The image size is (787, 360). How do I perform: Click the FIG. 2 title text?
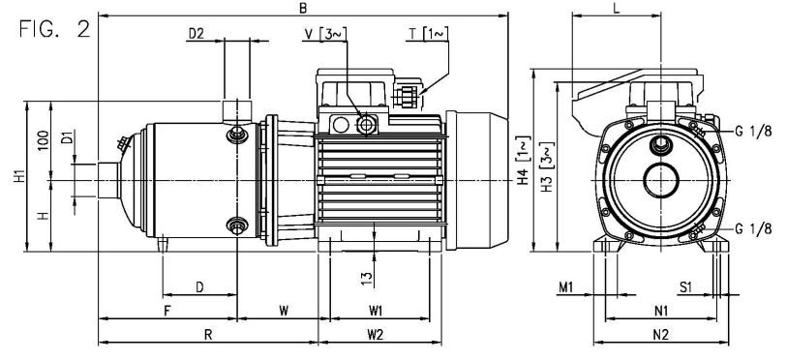tap(55, 29)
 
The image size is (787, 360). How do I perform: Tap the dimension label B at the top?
tap(303, 8)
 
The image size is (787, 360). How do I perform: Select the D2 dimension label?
tap(197, 34)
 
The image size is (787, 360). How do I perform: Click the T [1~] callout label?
tap(428, 34)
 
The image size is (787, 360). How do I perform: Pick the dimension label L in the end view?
tap(617, 8)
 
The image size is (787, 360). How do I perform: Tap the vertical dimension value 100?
tap(44, 140)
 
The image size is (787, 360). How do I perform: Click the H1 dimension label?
tap(19, 177)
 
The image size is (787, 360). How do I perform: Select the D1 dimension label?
tap(67, 137)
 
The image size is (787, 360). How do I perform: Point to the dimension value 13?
tap(368, 279)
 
